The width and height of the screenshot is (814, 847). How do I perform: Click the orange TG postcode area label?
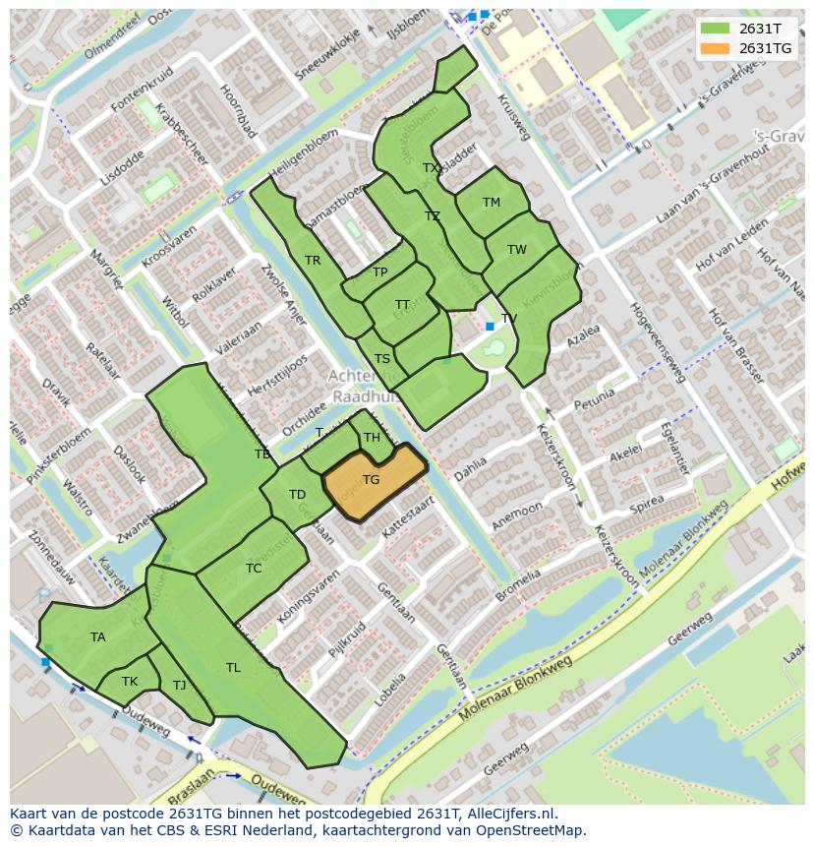pyautogui.click(x=371, y=480)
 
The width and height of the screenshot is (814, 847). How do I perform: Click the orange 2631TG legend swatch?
pyautogui.click(x=715, y=48)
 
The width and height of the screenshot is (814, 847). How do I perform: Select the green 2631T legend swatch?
pyautogui.click(x=715, y=29)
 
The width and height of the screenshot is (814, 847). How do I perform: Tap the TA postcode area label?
pyautogui.click(x=98, y=637)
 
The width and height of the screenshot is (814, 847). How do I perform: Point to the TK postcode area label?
pyautogui.click(x=130, y=682)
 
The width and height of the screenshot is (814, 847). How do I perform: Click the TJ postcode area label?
pyautogui.click(x=179, y=686)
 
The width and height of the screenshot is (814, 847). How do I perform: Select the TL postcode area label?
pyautogui.click(x=233, y=668)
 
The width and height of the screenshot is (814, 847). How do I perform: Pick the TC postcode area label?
pyautogui.click(x=254, y=569)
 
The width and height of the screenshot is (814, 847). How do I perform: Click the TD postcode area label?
pyautogui.click(x=297, y=495)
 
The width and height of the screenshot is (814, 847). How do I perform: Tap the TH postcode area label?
pyautogui.click(x=372, y=438)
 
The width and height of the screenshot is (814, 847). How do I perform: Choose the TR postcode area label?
pyautogui.click(x=313, y=261)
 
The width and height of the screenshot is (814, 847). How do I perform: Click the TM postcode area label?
pyautogui.click(x=492, y=203)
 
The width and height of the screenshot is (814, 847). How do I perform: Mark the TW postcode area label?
pyautogui.click(x=517, y=250)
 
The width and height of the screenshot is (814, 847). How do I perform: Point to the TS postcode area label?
pyautogui.click(x=382, y=359)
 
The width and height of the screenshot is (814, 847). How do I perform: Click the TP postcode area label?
pyautogui.click(x=379, y=272)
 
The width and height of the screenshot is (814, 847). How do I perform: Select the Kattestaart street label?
pyautogui.click(x=407, y=516)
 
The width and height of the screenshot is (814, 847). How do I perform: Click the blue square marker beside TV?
pyautogui.click(x=490, y=326)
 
